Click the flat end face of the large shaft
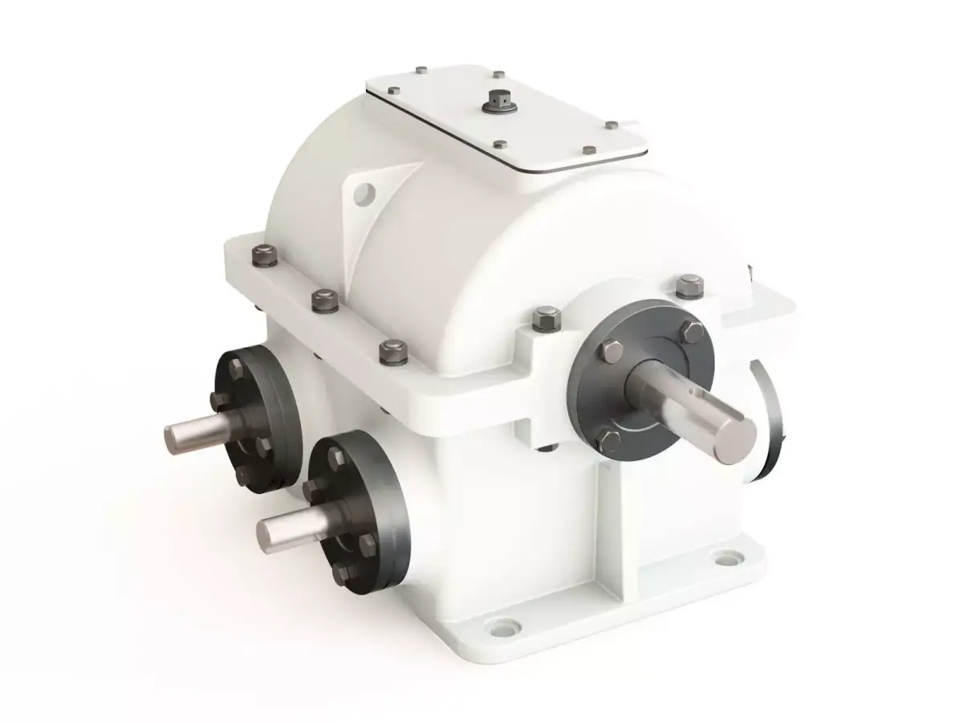pos(737,440)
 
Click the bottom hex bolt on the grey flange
pos(610,439)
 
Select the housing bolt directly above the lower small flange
pos(392,351)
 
